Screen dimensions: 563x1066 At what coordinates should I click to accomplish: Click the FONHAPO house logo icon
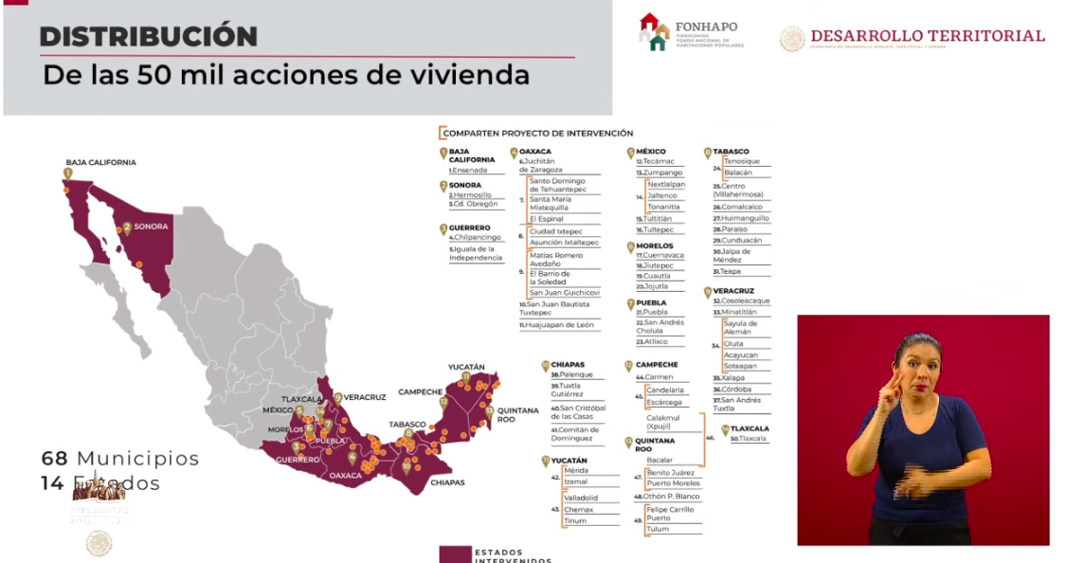point(653,31)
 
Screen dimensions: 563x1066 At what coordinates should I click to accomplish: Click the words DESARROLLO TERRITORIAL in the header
point(927,36)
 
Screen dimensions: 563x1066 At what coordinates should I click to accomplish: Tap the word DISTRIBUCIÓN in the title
point(148,37)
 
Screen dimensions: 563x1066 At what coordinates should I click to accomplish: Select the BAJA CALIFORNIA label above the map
point(100,162)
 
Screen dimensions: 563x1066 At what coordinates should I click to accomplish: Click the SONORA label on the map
point(151,227)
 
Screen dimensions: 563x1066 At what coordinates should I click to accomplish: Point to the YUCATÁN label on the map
point(466,367)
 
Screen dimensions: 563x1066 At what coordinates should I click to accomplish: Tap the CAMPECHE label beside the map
point(420,391)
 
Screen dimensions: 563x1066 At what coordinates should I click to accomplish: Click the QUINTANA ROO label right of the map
point(517,414)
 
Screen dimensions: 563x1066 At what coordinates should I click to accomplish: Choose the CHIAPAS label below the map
point(447,482)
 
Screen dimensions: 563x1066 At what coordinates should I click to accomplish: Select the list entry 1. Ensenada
point(469,171)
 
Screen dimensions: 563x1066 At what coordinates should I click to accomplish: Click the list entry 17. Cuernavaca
point(659,256)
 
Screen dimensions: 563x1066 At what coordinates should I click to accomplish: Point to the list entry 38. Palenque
point(571,374)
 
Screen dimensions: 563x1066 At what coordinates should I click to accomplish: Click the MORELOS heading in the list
point(655,245)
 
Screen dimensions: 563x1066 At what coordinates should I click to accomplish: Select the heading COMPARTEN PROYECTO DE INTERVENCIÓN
point(538,134)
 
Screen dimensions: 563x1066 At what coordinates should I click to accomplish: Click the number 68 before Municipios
point(54,459)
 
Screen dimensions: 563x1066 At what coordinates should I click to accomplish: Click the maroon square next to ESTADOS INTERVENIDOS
point(455,554)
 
